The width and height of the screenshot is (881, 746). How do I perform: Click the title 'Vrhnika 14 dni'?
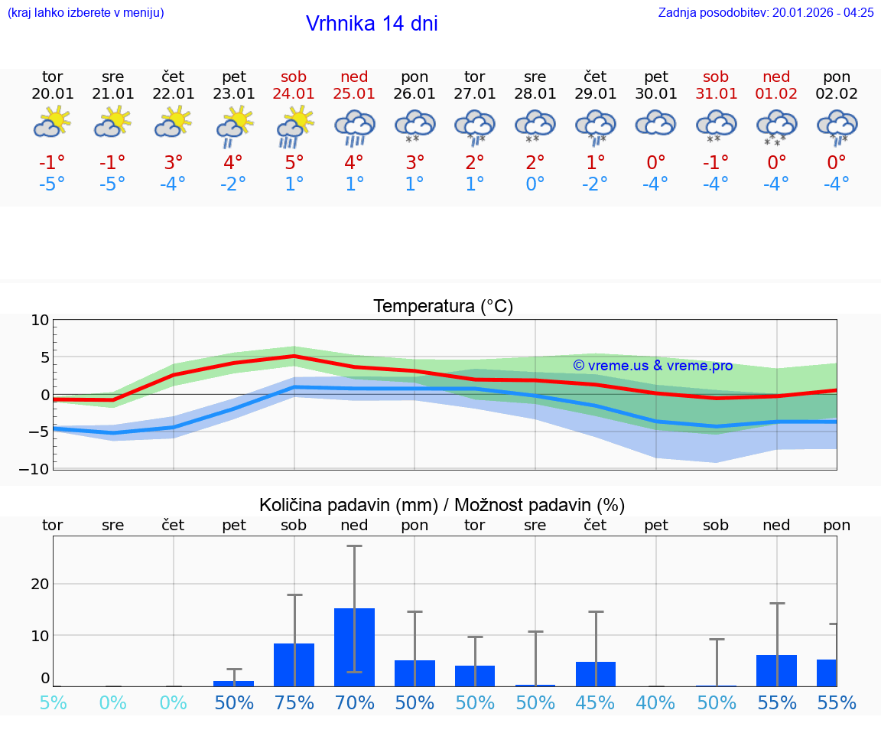(372, 24)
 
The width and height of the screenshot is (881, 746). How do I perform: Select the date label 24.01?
(294, 94)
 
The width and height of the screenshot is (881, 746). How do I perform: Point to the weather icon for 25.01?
(354, 127)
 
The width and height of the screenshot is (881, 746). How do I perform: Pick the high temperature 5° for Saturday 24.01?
(294, 163)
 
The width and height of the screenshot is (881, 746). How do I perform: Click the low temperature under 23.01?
(233, 184)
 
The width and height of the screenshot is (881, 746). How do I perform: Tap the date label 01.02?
(776, 94)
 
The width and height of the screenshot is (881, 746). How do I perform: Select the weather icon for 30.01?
(655, 124)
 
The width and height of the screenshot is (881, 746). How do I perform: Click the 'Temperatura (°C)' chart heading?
(443, 307)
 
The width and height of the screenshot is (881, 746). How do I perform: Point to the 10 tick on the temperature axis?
(40, 321)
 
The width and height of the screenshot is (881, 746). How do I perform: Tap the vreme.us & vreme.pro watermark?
(652, 366)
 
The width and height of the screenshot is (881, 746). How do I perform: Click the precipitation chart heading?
(442, 505)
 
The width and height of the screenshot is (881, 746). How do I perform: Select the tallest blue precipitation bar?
(354, 647)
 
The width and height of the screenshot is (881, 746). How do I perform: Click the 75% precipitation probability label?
(294, 702)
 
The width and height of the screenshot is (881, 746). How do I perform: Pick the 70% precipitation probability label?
(354, 702)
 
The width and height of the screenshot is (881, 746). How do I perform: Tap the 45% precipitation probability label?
(595, 702)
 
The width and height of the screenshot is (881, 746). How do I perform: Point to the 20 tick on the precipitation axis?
(40, 584)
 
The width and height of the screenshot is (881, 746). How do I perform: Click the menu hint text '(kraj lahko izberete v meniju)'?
(86, 13)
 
